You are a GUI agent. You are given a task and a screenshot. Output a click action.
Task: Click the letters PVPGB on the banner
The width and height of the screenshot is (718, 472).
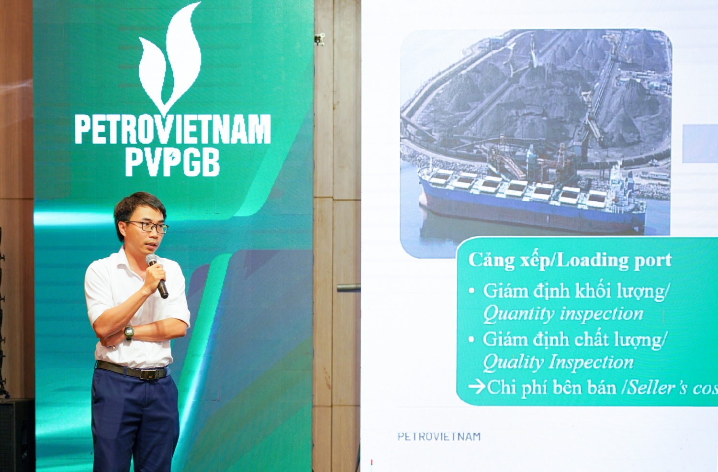[172, 163]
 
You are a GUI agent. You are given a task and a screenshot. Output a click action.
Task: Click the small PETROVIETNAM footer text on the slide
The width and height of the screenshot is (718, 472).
[439, 436]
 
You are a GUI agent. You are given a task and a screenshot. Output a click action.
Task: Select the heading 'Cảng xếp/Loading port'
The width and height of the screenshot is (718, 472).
[570, 260]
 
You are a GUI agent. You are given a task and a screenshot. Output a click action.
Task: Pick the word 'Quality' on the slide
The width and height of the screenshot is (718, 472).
[513, 362]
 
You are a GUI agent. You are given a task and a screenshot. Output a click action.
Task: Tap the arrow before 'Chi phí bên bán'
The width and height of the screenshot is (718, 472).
[477, 386]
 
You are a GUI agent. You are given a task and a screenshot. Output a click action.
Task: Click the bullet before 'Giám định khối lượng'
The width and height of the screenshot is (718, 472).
[472, 291]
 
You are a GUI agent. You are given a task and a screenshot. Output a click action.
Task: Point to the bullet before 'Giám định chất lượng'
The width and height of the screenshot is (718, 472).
[471, 340]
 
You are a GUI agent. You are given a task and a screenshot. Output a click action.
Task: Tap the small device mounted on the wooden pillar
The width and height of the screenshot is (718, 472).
[320, 39]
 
